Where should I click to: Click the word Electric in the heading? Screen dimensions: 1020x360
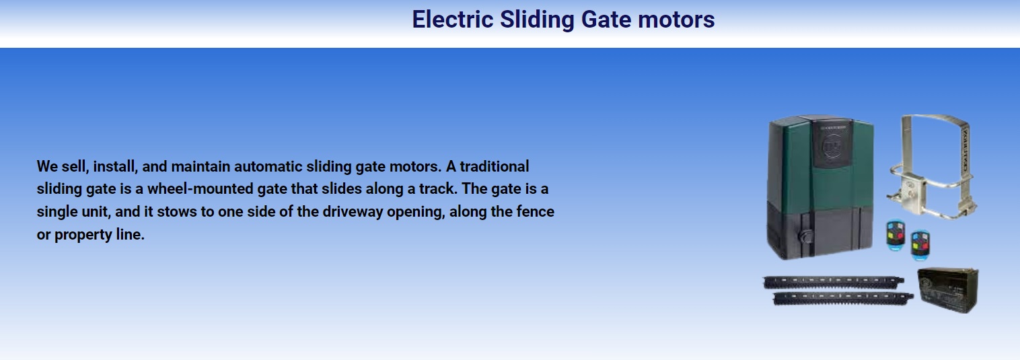pyautogui.click(x=453, y=20)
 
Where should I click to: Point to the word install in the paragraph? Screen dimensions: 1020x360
pyautogui.click(x=115, y=167)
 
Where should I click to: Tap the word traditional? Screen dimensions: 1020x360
pyautogui.click(x=494, y=167)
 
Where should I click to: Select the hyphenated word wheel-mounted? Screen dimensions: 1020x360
pyautogui.click(x=200, y=189)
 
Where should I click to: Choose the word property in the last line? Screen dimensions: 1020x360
pyautogui.click(x=83, y=235)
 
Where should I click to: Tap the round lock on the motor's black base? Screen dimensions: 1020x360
pyautogui.click(x=805, y=236)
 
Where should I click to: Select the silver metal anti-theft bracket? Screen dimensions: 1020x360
pyautogui.click(x=933, y=166)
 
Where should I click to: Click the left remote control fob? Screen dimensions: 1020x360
pyautogui.click(x=896, y=236)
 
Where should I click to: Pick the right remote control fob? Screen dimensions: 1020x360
pyautogui.click(x=920, y=246)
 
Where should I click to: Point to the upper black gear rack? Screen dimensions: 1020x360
pyautogui.click(x=833, y=282)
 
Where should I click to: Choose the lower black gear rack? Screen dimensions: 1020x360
pyautogui.click(x=843, y=299)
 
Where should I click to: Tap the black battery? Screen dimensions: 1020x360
pyautogui.click(x=948, y=290)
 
